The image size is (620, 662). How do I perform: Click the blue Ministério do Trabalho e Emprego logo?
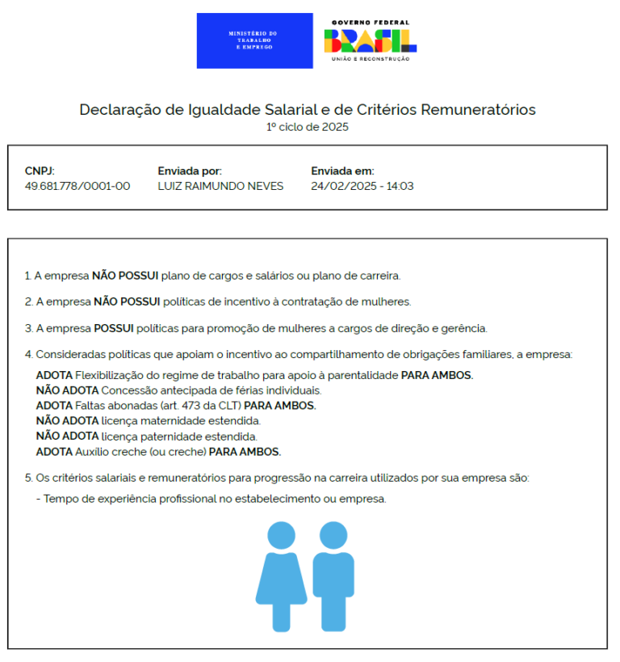254,40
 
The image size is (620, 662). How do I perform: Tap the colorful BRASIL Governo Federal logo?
371,41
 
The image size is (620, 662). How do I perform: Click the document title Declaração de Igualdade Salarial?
307,110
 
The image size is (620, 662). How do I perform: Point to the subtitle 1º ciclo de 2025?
308,127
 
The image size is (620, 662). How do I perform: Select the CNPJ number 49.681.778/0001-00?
77,186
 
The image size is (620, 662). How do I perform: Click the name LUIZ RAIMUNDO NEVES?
220,186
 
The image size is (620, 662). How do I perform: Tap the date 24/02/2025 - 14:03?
362,186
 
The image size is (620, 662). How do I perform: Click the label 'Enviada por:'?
190,171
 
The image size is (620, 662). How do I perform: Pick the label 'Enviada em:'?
342,171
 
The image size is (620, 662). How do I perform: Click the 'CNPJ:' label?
40,171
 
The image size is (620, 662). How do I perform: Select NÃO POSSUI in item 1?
125,276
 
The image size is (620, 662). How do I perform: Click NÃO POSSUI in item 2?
127,301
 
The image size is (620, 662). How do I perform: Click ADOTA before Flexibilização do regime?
54,375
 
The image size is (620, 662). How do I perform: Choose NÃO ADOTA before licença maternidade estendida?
67,421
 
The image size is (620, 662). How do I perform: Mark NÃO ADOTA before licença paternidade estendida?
67,436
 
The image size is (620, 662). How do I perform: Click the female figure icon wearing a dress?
282,575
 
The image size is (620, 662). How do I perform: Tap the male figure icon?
333,575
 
